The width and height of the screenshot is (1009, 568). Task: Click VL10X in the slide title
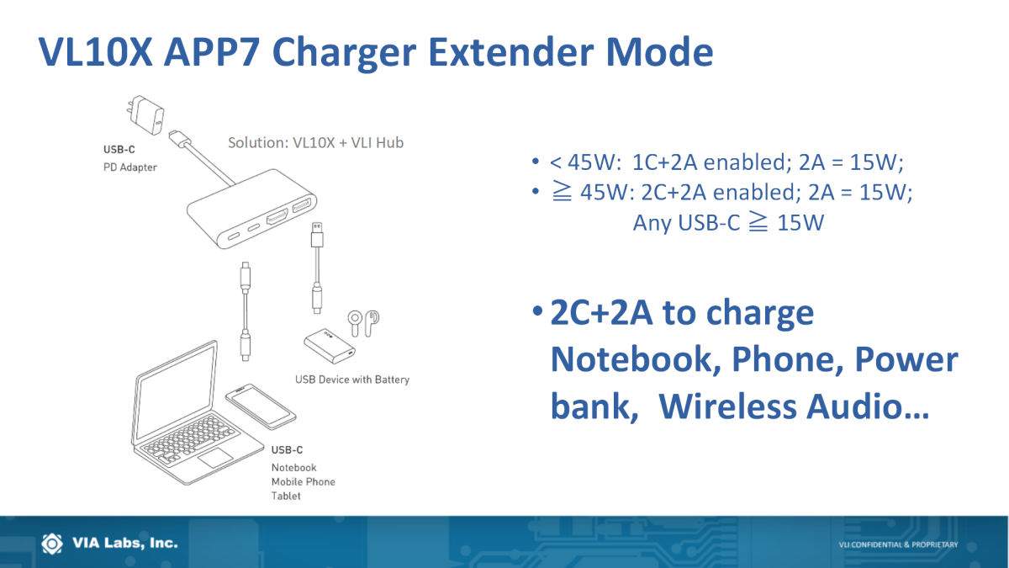coord(96,52)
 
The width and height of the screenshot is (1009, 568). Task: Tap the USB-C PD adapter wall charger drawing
coord(145,115)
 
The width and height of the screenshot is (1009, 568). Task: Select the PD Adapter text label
coord(130,167)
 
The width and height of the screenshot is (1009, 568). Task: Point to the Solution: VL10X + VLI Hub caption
coord(316,142)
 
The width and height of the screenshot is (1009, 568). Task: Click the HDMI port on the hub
coord(277,218)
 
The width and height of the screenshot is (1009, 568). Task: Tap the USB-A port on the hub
coord(302,205)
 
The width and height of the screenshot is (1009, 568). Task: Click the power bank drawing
coord(330,346)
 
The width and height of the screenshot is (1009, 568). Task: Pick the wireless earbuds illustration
coord(363,323)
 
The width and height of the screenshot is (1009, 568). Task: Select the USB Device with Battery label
coord(352,380)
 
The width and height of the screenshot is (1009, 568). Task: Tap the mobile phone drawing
coord(261,406)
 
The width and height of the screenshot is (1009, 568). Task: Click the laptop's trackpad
coord(216,458)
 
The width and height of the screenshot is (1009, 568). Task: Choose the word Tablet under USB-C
coord(286,496)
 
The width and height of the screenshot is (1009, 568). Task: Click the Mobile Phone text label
coord(304,482)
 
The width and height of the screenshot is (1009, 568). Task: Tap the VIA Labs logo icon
coord(52,544)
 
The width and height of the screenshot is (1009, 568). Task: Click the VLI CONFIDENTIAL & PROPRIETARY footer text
coord(898,544)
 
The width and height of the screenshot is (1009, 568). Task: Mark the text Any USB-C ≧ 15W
coord(728,223)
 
